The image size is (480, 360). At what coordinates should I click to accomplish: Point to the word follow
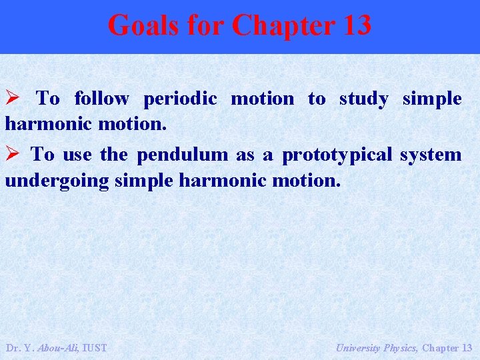pyautogui.click(x=101, y=99)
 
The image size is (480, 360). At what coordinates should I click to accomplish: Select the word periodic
pyautogui.click(x=180, y=99)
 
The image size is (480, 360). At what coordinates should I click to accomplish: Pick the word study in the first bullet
pyautogui.click(x=363, y=99)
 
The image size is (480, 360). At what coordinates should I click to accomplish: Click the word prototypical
pyautogui.click(x=337, y=155)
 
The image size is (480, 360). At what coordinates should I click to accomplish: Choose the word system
pyautogui.click(x=431, y=155)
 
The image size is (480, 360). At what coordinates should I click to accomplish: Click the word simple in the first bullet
pyautogui.click(x=432, y=99)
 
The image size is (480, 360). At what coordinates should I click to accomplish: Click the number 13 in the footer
pyautogui.click(x=466, y=348)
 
